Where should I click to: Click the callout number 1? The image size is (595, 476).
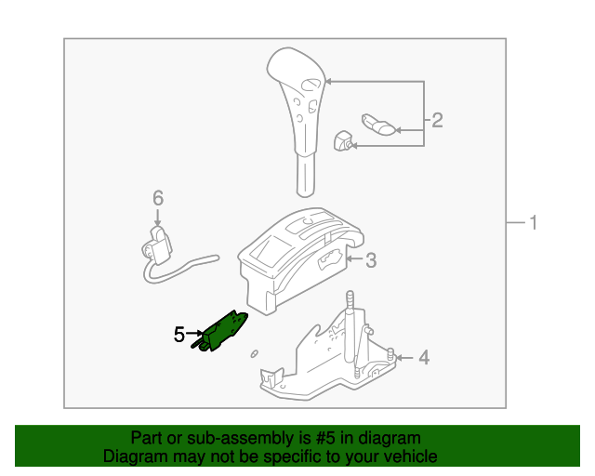pos(534,222)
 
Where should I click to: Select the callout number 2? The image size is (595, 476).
pos(437,120)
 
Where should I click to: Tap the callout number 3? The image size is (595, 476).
pos(370,261)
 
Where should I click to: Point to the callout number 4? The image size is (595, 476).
pos(423,357)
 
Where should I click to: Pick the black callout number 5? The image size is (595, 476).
pos(179,333)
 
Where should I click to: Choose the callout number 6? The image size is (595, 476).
pos(157,197)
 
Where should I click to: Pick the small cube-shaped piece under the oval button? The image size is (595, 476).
pos(343,141)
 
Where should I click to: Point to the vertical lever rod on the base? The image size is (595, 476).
pos(351,330)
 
